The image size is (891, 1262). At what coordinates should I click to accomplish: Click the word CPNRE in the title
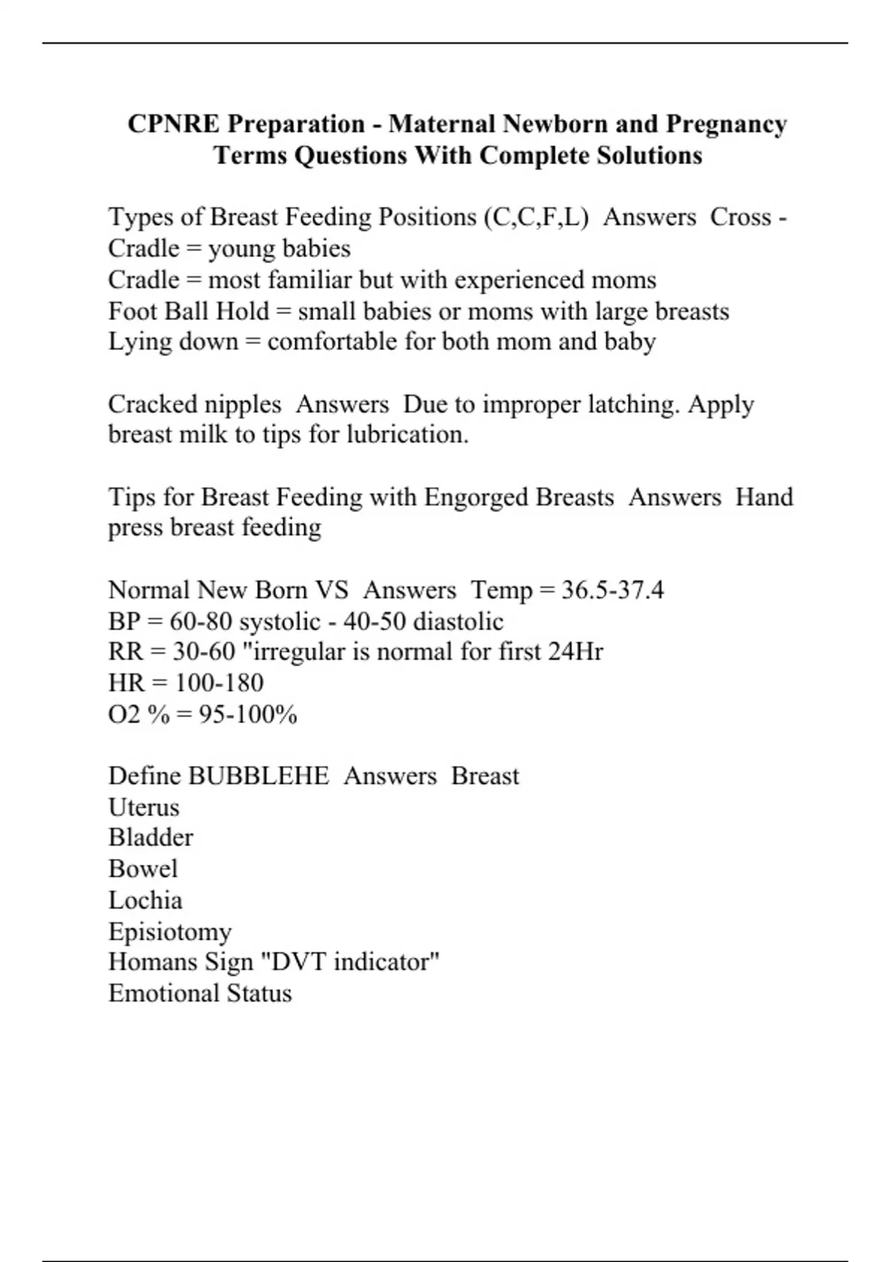[x=174, y=124]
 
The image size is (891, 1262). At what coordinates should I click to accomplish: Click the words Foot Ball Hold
[x=189, y=311]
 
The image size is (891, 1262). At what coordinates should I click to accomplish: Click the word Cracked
[x=151, y=405]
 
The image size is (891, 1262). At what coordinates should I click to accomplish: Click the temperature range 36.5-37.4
[x=613, y=591]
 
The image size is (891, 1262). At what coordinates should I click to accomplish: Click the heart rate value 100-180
[x=218, y=684]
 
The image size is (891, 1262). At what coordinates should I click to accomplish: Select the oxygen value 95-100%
[x=248, y=715]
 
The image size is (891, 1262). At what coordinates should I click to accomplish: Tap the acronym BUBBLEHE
[x=258, y=777]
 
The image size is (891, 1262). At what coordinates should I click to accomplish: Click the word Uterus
[x=144, y=808]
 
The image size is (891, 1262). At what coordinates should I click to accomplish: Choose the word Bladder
[x=151, y=838]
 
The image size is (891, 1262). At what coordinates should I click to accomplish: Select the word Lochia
[x=146, y=900]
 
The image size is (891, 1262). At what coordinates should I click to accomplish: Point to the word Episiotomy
[x=170, y=932]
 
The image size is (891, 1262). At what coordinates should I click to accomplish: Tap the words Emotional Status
[x=200, y=994]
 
